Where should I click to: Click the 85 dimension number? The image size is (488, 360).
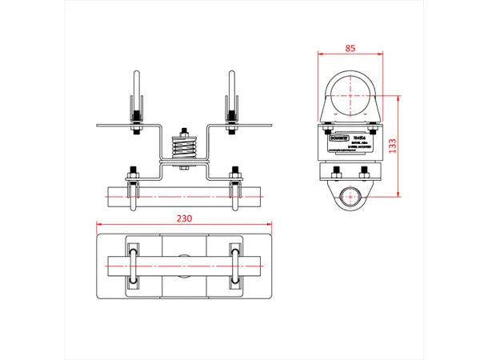pyautogui.click(x=350, y=48)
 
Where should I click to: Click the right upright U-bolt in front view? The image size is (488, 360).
pyautogui.click(x=232, y=96)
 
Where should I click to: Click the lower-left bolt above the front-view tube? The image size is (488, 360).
pyautogui.click(x=134, y=171)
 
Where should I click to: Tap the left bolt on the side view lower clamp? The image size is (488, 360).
pyautogui.click(x=337, y=170)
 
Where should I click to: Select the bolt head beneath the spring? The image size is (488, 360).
pyautogui.click(x=185, y=167)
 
